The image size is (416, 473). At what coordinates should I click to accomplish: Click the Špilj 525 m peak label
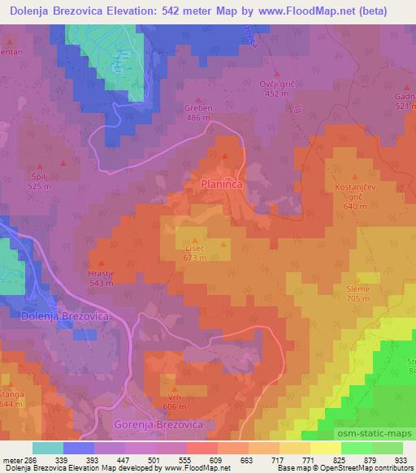[x=40, y=180]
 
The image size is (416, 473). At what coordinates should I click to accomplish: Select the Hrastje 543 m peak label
[x=101, y=278]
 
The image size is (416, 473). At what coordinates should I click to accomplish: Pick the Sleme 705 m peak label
[x=357, y=293]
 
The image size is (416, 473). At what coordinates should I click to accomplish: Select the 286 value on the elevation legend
[x=26, y=458]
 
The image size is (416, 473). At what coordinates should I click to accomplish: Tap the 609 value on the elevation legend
[x=214, y=458]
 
